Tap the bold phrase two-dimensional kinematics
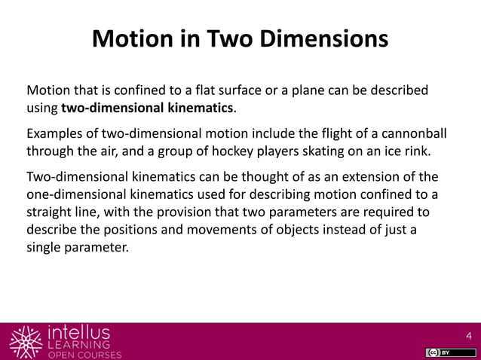[x=148, y=108]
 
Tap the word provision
[x=176, y=212]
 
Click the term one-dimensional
[x=72, y=194]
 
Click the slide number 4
[x=469, y=335]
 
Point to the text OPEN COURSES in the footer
[x=84, y=355]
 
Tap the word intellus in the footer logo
[x=78, y=332]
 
